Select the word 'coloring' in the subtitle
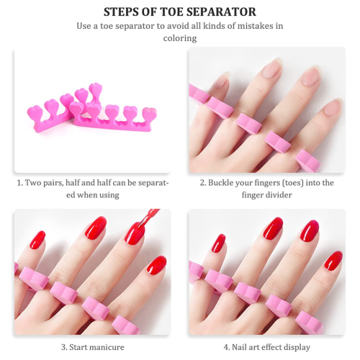click(180, 38)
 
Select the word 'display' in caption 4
click(297, 347)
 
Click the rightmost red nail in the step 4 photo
click(333, 260)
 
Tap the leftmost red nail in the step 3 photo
click(37, 240)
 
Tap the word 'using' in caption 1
click(109, 195)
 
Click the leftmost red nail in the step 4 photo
click(218, 243)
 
